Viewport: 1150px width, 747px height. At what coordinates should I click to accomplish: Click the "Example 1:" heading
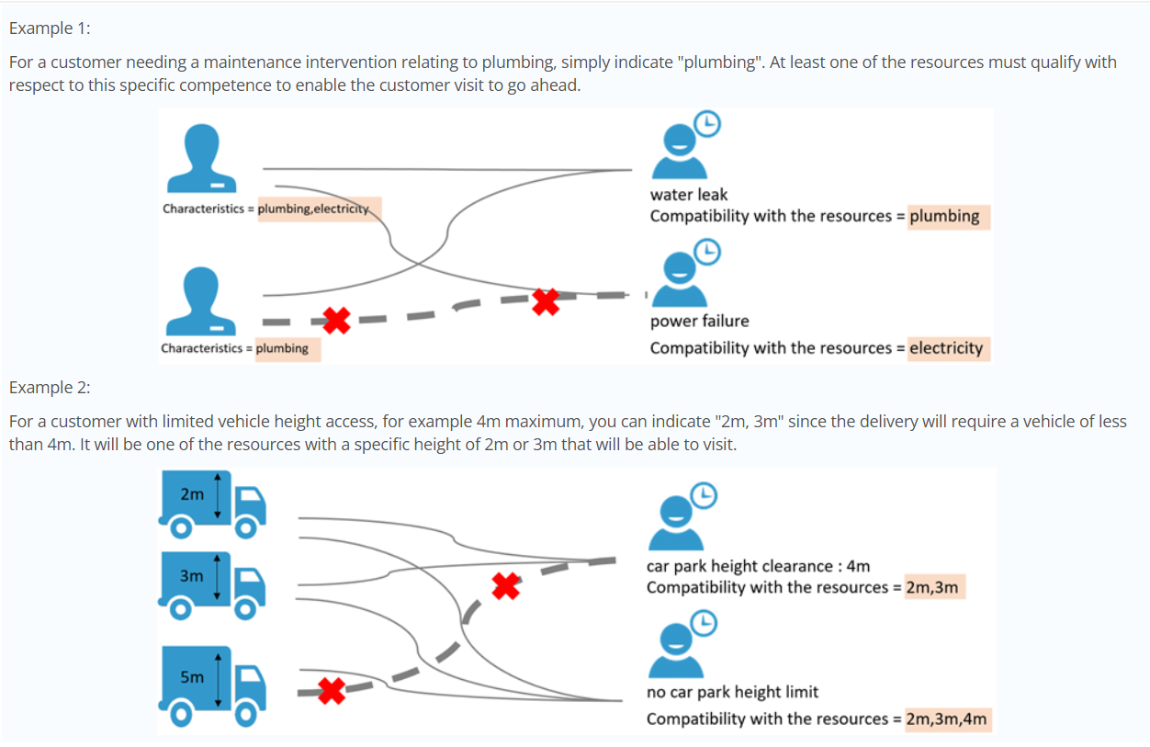point(50,28)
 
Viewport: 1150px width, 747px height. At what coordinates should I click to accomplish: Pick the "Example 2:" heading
point(50,387)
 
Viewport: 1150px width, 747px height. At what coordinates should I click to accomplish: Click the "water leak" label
point(688,194)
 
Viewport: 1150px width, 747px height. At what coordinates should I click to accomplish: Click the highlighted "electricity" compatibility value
point(947,348)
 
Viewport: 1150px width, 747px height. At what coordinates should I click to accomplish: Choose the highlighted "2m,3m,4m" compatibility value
point(946,719)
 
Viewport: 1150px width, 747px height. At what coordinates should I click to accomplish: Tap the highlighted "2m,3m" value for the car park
point(931,587)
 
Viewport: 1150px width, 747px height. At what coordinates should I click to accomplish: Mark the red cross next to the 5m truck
point(332,689)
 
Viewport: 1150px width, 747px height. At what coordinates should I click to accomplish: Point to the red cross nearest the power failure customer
point(546,300)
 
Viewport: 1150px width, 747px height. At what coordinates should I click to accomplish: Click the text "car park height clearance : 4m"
point(758,566)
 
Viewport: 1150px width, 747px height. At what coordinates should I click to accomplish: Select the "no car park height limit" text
point(732,692)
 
